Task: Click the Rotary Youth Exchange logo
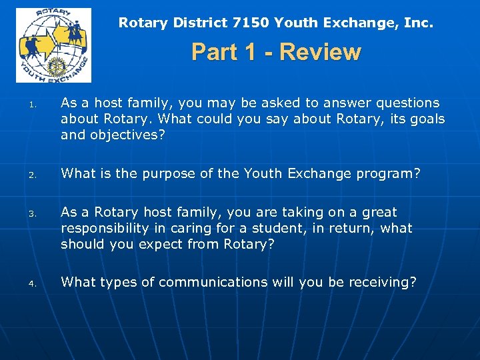[53, 45]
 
